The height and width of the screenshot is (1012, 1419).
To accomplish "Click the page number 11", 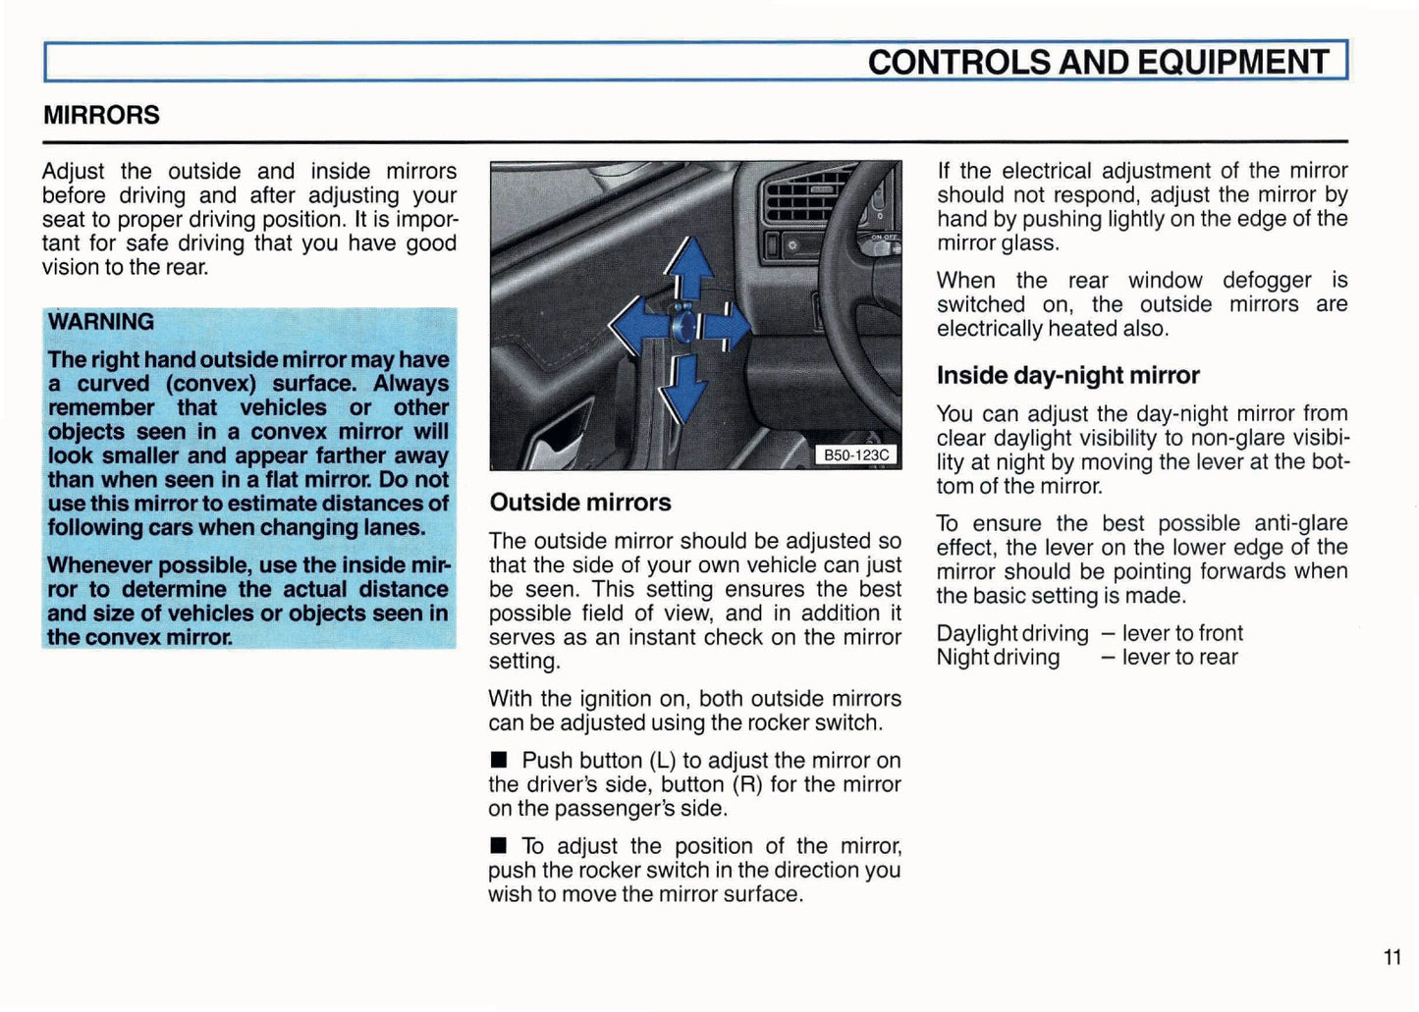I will (1392, 957).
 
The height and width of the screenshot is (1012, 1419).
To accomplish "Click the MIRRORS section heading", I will (101, 115).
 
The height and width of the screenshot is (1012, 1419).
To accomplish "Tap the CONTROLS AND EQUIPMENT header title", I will (1097, 62).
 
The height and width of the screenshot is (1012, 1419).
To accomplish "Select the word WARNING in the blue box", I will (101, 322).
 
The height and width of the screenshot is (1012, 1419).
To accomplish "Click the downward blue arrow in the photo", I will (683, 390).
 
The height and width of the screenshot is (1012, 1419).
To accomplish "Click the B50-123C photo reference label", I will (856, 455).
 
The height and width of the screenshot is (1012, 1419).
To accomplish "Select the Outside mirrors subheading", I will (580, 503).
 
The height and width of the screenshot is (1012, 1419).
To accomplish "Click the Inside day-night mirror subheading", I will (1067, 376).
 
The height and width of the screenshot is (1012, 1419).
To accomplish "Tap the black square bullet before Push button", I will (499, 760).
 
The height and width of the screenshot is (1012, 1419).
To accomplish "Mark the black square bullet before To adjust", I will (499, 845).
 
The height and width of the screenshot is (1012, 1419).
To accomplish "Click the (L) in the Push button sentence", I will (663, 761).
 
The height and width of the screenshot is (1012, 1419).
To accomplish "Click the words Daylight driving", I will (1012, 633).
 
